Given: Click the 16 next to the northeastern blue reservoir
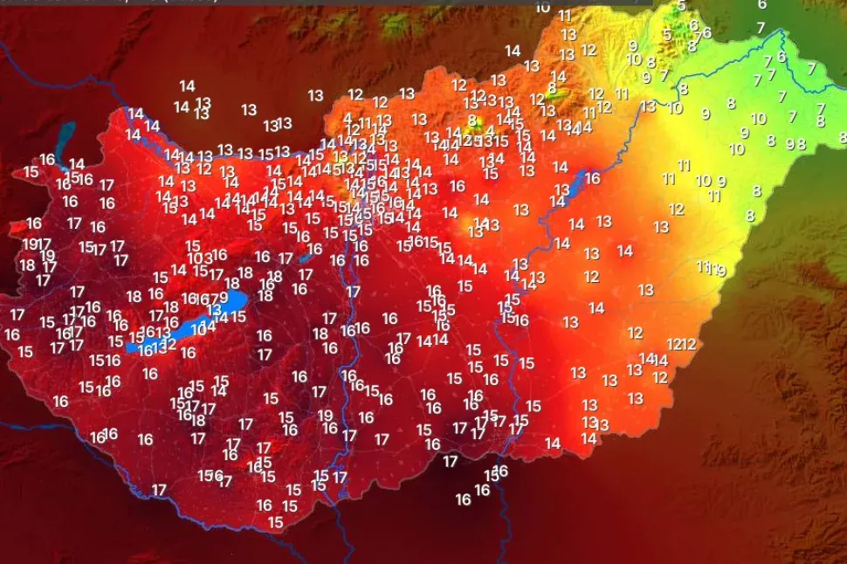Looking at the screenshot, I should point(592,179).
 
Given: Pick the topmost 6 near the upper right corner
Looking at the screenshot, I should point(761,4).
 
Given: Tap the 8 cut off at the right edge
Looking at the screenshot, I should point(843,137).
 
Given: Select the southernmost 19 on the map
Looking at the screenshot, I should point(325,416).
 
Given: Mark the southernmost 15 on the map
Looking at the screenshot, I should point(275,522).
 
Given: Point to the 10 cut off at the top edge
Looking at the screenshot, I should point(542,7).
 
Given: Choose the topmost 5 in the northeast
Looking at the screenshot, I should point(681,6).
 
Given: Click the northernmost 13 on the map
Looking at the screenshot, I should point(568,35).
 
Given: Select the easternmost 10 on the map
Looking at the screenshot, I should point(758,119).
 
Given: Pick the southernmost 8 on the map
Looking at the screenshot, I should point(749,216).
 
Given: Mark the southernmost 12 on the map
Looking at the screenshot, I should point(660,378).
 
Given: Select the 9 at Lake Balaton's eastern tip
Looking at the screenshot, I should point(224,298).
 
